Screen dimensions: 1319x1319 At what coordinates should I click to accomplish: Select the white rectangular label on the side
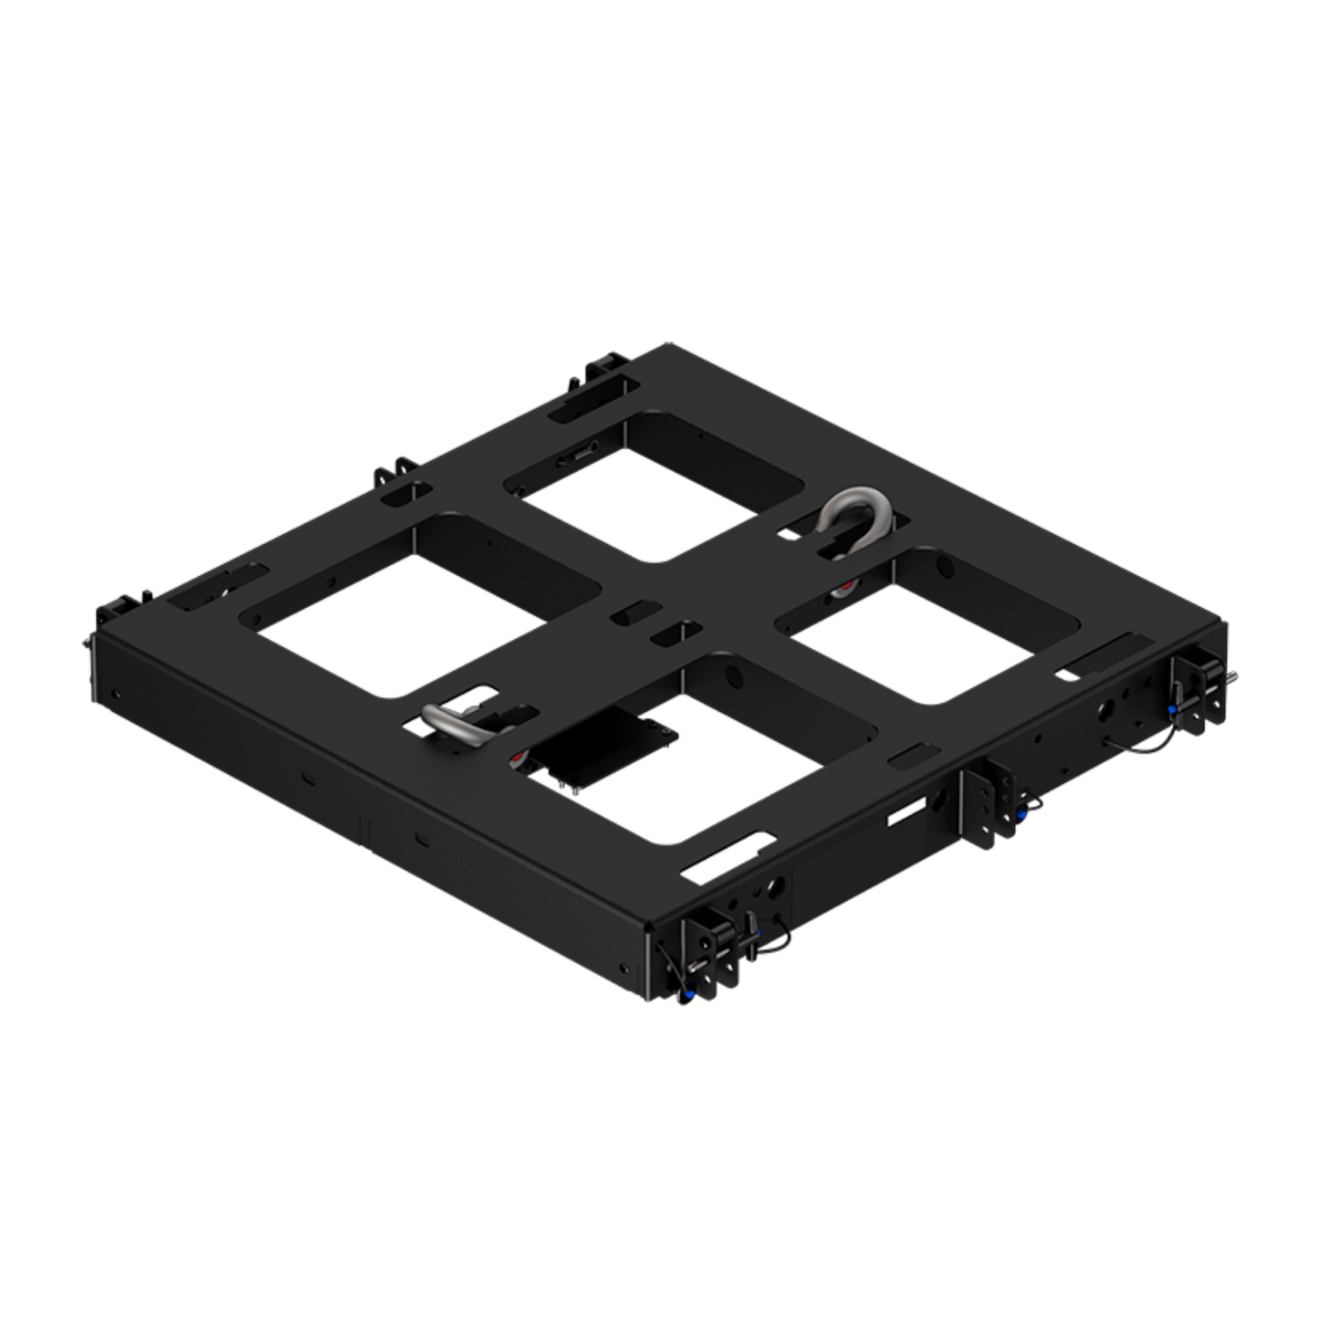coord(906,811)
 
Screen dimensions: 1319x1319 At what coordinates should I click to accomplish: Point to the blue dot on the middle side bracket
coord(1020,813)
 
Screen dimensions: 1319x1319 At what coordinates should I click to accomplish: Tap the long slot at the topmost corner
coord(587,399)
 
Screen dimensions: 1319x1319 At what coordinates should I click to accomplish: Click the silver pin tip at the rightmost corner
coord(1234,677)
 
